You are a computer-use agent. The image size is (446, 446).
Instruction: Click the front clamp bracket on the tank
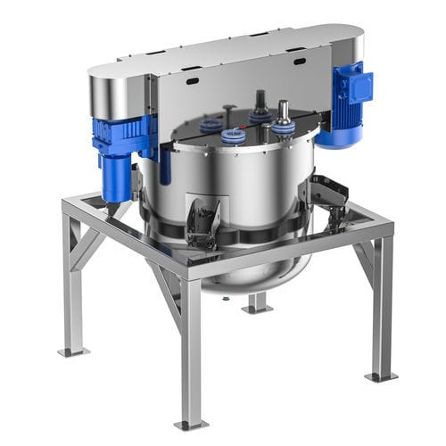(x=203, y=219)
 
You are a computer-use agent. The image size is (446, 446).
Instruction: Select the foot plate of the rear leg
(x=257, y=309)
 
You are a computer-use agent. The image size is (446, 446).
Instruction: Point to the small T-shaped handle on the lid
(x=230, y=112)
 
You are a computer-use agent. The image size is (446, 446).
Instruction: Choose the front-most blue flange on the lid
(x=234, y=136)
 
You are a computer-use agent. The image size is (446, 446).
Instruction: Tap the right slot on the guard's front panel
(x=299, y=61)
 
